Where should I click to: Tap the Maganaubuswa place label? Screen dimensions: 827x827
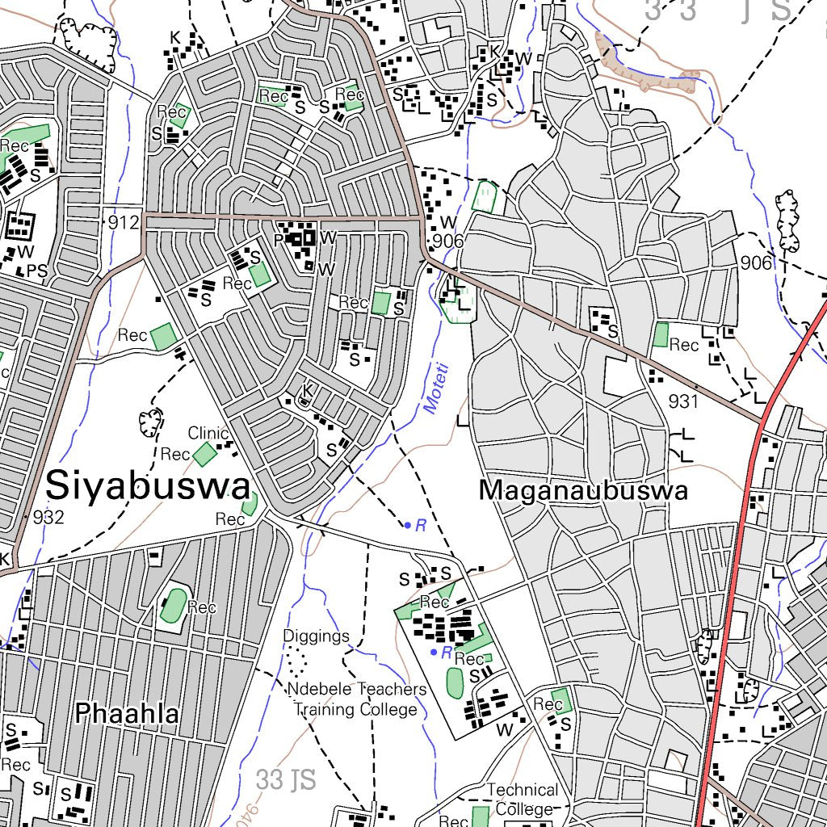(583, 490)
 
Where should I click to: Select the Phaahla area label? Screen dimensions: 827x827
(127, 713)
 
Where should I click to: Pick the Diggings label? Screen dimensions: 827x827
(316, 636)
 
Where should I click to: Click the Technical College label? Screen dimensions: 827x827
(522, 799)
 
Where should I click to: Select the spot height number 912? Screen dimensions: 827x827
(122, 222)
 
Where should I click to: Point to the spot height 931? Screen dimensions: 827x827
(682, 401)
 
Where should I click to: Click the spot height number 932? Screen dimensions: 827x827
(48, 518)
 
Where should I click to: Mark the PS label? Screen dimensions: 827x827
(37, 271)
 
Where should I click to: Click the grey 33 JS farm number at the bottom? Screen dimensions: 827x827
(285, 780)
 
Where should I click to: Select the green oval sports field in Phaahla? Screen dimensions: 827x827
(173, 606)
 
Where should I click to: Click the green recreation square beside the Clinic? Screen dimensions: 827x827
(204, 453)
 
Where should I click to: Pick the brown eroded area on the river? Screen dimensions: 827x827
(646, 65)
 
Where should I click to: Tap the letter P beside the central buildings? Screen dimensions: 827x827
(279, 239)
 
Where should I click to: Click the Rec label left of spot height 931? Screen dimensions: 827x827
(684, 346)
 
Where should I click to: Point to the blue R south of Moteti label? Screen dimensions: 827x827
(420, 526)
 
